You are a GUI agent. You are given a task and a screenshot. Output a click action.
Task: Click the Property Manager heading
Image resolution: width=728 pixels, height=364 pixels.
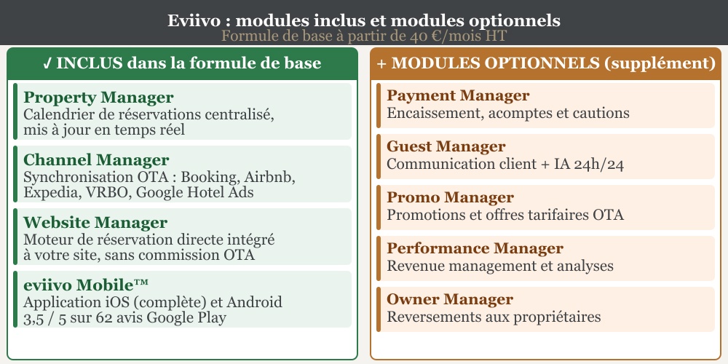point(98,98)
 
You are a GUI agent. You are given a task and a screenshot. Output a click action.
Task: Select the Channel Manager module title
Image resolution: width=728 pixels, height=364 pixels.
point(96,160)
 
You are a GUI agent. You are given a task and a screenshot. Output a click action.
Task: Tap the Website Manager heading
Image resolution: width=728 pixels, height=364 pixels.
point(95,223)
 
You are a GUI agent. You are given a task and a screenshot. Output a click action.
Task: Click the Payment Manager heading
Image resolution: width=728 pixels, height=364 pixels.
point(458,96)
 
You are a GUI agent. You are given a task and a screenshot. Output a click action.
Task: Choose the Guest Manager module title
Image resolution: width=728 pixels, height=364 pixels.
point(446,147)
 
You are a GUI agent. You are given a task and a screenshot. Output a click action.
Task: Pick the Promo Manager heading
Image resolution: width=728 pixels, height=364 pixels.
point(450,198)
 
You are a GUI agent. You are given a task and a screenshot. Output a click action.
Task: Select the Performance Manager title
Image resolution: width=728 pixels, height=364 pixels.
point(475,249)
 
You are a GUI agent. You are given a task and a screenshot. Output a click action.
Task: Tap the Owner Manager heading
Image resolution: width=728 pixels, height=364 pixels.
point(450,300)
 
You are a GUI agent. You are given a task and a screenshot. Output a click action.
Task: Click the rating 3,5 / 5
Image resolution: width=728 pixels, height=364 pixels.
point(51,317)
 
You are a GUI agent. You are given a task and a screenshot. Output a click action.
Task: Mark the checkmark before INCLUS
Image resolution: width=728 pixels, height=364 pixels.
point(47,63)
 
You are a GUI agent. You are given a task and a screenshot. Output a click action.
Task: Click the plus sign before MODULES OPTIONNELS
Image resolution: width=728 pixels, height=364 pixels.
point(381,63)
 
